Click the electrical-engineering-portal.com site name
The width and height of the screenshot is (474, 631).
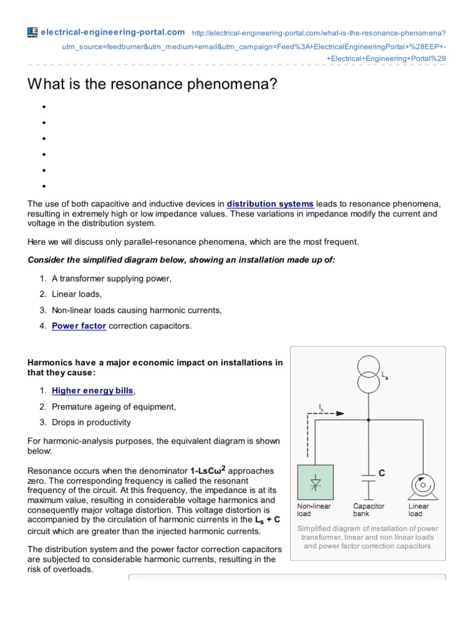[x=112, y=32]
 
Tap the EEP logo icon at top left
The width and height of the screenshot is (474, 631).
[x=33, y=32]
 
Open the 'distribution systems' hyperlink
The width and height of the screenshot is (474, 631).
[x=270, y=204]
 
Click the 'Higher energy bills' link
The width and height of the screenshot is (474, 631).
[x=93, y=391]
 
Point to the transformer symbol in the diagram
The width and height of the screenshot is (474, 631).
[x=368, y=374]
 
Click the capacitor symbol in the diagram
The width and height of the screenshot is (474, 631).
[x=368, y=475]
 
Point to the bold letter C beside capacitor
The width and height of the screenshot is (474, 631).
[x=382, y=473]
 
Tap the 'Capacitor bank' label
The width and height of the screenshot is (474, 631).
[x=368, y=510]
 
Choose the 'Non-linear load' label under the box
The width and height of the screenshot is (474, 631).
[x=314, y=510]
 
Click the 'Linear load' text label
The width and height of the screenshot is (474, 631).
[x=418, y=510]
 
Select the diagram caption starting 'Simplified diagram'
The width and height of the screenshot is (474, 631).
[x=368, y=537]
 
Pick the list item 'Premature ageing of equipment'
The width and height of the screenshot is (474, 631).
[x=114, y=407]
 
